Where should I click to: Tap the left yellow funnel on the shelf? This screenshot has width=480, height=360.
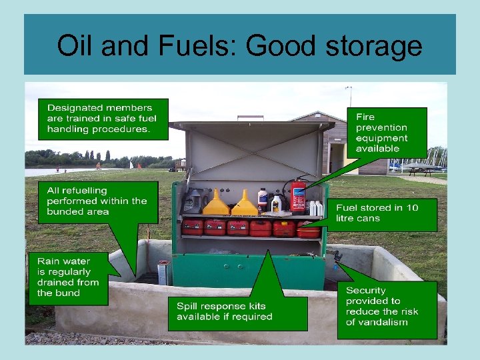point(215,203)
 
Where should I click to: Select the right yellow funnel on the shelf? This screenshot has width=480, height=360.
point(245,203)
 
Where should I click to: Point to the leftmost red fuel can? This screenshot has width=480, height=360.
point(193,227)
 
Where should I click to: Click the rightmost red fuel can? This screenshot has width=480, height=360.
point(308,229)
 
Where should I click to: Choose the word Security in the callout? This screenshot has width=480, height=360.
point(365,291)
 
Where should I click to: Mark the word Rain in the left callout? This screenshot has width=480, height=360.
point(49,261)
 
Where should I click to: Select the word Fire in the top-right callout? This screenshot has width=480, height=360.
point(365,117)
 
